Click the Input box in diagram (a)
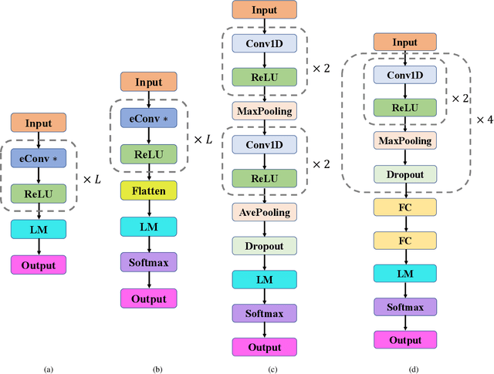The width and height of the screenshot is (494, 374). click(x=38, y=123)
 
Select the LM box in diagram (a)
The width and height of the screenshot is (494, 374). click(x=38, y=229)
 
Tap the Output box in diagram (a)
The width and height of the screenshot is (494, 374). click(x=38, y=265)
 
